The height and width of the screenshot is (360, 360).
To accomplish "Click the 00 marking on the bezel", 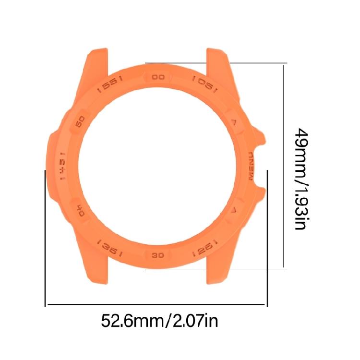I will (158, 77).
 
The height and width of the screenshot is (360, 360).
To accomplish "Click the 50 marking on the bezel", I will (80, 120).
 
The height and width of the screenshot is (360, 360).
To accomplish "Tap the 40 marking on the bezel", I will (80, 211).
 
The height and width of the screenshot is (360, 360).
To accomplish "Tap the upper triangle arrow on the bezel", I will (234, 121).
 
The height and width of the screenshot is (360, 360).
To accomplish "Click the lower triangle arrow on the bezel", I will (234, 210).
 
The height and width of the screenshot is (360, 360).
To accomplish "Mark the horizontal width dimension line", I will (156, 304).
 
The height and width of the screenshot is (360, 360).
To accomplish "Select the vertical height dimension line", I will (284, 166).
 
